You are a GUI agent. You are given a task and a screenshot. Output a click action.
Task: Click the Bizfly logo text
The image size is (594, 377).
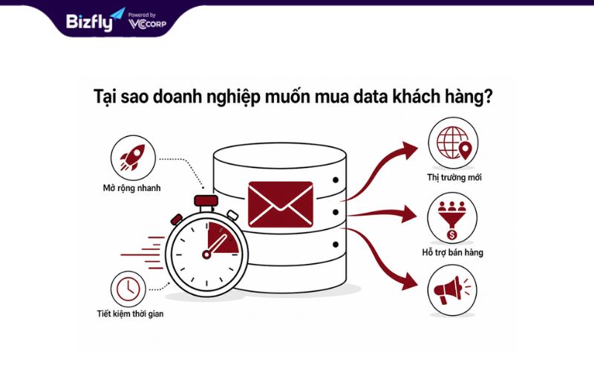coord(90,22)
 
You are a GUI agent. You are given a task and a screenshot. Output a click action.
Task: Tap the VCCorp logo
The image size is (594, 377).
coord(147,24)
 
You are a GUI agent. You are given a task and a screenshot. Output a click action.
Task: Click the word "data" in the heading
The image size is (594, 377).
coord(370,97)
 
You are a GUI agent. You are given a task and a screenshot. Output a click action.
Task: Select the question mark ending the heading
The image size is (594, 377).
coord(488,97)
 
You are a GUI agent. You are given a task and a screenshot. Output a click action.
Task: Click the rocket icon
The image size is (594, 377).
coord(133,157)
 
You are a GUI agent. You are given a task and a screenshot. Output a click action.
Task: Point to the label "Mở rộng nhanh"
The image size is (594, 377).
coord(132,188)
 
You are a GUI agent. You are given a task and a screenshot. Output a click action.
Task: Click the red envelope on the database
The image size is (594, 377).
coord(281,204)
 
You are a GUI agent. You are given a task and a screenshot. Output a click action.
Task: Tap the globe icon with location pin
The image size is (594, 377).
coord(454,143)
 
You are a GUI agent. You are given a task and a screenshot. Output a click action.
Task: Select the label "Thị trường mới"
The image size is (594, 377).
coord(454,178)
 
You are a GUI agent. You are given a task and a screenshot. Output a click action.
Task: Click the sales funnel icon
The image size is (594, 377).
coord(452,219)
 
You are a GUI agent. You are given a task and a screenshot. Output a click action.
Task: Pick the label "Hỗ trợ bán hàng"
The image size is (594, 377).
coord(453,253)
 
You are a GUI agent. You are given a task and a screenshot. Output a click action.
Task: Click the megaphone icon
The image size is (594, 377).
coord(451,290)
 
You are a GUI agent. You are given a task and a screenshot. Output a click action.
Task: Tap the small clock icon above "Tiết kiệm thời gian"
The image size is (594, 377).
coord(128,289)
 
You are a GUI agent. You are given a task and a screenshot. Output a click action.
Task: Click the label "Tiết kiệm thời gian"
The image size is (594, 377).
coord(131,314)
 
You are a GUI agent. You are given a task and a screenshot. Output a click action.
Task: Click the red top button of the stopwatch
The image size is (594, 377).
coord(206,201)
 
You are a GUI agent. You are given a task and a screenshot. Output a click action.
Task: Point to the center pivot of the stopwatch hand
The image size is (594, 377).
coord(206,254)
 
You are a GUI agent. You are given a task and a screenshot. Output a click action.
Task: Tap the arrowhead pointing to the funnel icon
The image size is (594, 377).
coord(408,213)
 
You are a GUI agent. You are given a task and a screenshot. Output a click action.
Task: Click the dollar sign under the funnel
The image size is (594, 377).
coord(452,235)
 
